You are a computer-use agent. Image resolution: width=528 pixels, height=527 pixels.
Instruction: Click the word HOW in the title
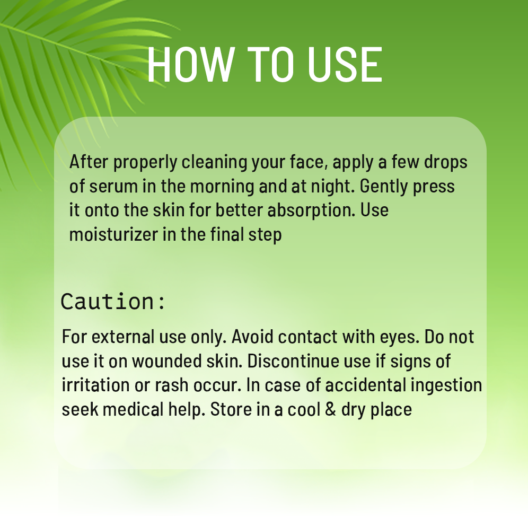[x=191, y=64]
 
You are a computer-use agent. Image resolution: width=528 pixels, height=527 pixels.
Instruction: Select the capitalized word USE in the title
[x=345, y=64]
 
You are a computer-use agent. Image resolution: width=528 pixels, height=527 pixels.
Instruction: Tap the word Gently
[x=383, y=186]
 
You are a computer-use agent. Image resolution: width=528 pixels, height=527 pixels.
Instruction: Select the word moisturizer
[x=113, y=234]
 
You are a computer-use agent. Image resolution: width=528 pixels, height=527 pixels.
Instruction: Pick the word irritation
[x=95, y=385]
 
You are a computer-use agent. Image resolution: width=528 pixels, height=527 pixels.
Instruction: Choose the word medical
[x=133, y=409]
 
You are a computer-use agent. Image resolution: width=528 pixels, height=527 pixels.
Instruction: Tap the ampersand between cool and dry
[x=331, y=409]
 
